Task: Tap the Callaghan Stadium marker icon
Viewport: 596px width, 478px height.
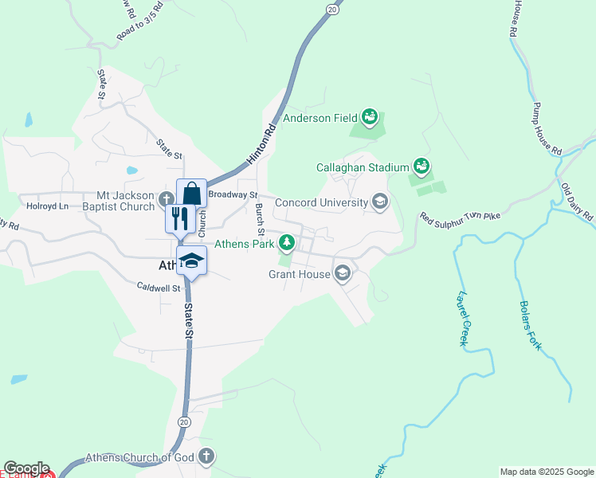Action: (x=422, y=167)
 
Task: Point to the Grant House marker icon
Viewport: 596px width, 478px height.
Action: (x=343, y=273)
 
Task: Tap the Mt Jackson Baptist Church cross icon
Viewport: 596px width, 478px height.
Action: (x=166, y=199)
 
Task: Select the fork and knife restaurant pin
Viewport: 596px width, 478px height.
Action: (x=179, y=217)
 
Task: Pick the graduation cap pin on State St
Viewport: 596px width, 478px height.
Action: (x=192, y=261)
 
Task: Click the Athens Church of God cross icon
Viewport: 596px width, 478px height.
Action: (x=206, y=456)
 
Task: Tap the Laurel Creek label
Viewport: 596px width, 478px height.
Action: (x=461, y=318)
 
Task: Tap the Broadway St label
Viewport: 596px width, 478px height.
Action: (x=233, y=194)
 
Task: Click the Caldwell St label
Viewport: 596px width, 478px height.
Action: (x=159, y=286)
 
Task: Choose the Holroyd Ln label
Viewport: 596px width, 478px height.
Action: (x=47, y=206)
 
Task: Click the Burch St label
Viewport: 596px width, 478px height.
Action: (x=260, y=219)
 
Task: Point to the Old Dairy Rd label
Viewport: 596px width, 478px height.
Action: (x=578, y=202)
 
